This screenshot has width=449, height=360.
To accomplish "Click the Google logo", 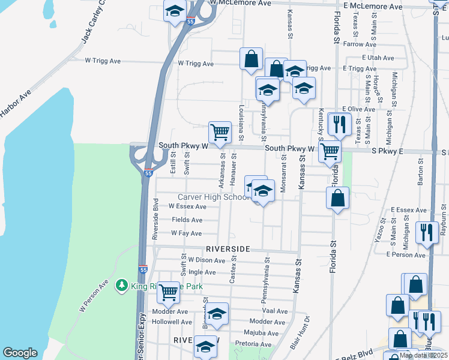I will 20,353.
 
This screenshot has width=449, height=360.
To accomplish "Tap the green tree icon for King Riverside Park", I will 122,285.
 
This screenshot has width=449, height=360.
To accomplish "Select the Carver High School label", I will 213,197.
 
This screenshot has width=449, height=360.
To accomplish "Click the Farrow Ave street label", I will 360,44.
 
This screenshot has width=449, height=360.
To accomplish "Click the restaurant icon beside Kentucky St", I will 340,124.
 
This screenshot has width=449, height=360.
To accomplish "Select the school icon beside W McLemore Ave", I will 175,11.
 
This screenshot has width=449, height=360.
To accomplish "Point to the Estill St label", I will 173,163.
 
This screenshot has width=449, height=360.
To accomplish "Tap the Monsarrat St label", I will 283,173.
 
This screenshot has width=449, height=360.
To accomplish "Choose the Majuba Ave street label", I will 259,332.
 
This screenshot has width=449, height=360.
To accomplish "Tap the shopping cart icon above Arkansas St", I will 220,131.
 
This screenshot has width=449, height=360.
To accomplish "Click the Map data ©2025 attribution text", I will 424,355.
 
